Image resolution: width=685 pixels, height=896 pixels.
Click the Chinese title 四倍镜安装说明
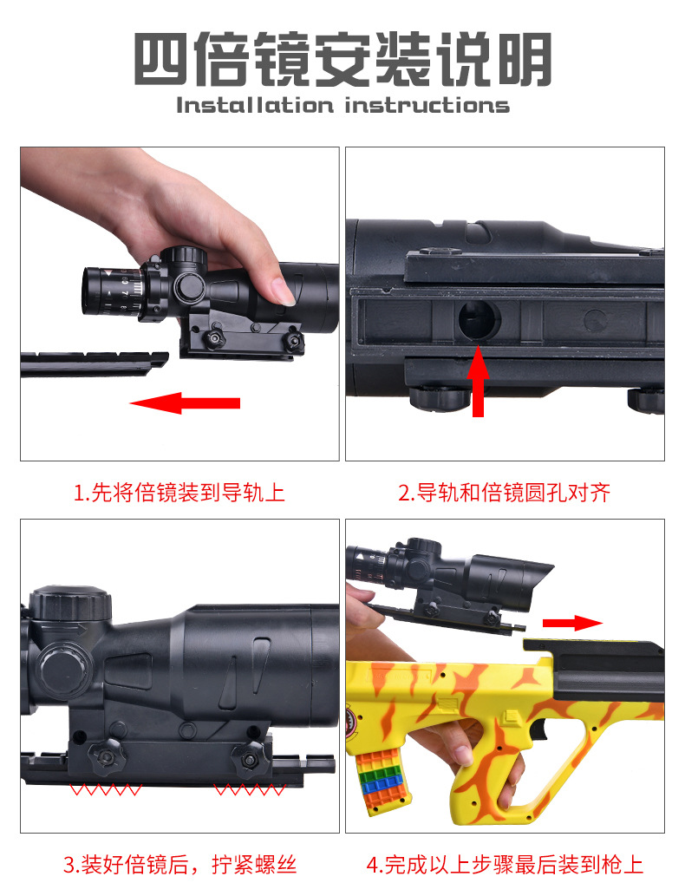[342, 59]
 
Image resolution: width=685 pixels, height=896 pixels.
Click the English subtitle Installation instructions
[342, 106]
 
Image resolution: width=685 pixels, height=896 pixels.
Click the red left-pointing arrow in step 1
[185, 402]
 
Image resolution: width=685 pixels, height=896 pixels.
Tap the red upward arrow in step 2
[478, 381]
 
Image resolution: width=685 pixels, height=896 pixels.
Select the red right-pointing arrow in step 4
[572, 623]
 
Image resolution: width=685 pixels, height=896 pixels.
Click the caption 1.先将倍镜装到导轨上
[179, 492]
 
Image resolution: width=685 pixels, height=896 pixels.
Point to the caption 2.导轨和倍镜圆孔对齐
[505, 492]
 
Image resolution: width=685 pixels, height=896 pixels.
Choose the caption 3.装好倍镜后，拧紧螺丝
[179, 865]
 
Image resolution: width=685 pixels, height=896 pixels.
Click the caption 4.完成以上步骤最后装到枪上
[505, 865]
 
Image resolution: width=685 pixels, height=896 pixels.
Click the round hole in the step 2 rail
[479, 319]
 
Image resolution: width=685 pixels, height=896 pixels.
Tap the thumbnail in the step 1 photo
[283, 291]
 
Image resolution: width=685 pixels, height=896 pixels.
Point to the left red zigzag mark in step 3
[106, 790]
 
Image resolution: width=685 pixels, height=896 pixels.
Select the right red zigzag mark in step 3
[250, 790]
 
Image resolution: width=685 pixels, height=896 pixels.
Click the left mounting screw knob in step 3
[106, 755]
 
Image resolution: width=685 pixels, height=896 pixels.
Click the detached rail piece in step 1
[95, 364]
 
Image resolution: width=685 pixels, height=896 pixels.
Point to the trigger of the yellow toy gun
[538, 729]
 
